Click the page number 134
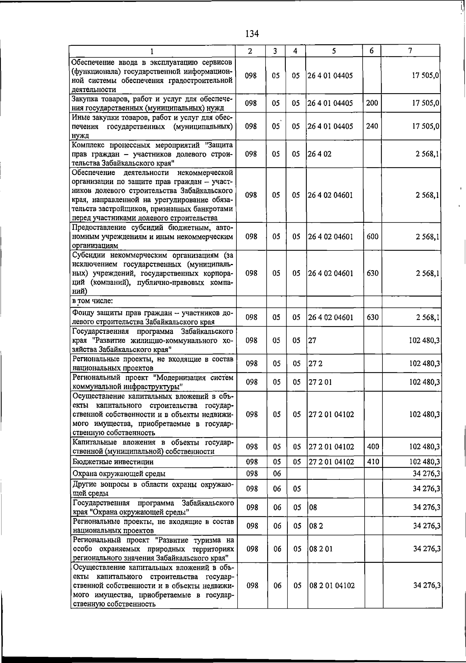click(252, 34)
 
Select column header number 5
click(334, 51)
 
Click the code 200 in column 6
click(372, 103)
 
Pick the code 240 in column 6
click(372, 126)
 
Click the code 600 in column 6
click(372, 236)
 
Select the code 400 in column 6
click(373, 447)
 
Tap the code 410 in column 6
click(373, 462)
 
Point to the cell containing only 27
click(312, 340)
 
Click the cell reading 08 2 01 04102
click(332, 586)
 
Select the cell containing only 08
click(313, 507)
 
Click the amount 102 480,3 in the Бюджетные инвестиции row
click(424, 462)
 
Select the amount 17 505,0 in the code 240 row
click(426, 126)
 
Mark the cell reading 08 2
click(316, 526)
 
